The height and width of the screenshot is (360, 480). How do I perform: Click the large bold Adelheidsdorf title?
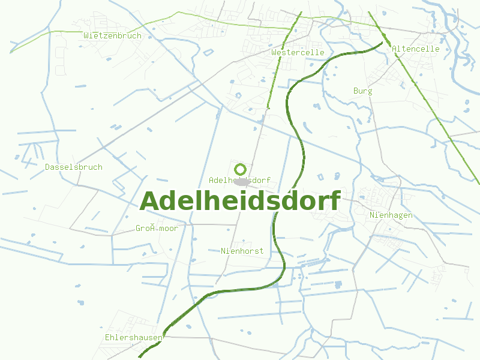(240, 201)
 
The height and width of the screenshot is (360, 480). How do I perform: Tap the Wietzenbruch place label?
(113, 35)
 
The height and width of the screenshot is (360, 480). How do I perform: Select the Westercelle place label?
(298, 52)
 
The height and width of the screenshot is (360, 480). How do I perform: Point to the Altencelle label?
(416, 49)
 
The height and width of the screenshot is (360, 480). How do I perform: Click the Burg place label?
(362, 91)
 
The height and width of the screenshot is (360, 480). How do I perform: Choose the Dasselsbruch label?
(74, 167)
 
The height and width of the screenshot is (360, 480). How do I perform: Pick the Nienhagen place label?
(391, 215)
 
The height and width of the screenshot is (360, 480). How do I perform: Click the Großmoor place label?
(157, 228)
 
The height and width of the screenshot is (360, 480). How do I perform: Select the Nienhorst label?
(242, 251)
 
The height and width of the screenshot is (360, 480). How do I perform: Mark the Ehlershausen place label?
(133, 337)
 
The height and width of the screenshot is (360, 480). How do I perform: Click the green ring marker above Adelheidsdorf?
(241, 169)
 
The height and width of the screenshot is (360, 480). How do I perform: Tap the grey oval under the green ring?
(242, 181)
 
